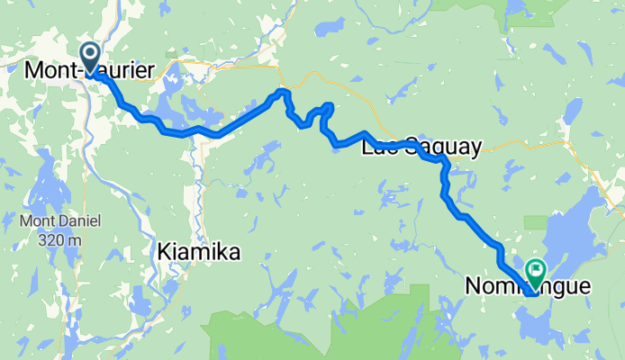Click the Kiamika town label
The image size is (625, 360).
[x=198, y=254]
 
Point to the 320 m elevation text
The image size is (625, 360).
[x=61, y=240]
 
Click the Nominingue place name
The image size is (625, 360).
[x=528, y=287]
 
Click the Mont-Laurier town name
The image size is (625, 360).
[x=89, y=69]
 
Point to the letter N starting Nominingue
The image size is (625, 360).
[x=473, y=287]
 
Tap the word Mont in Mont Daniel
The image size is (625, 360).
[x=35, y=220]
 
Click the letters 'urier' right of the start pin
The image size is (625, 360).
[x=131, y=69]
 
